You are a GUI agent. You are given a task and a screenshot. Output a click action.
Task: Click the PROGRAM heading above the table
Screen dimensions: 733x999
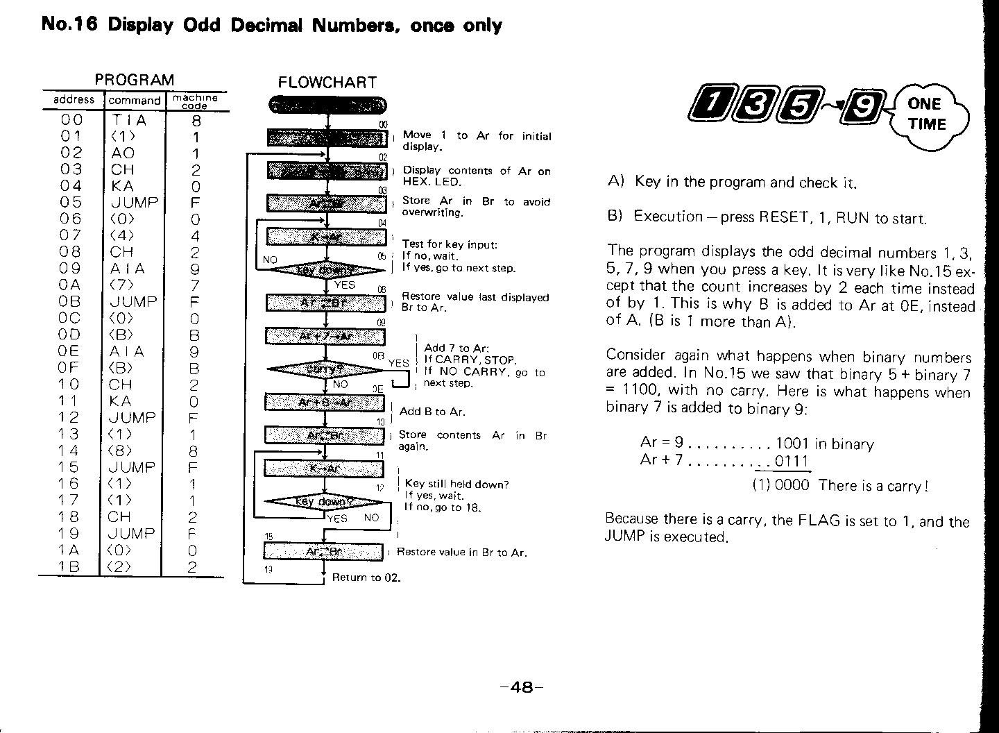[134, 80]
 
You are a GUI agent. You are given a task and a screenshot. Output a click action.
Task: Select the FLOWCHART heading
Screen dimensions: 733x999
[327, 83]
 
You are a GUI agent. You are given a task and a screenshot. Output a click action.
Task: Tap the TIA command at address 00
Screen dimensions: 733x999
[129, 119]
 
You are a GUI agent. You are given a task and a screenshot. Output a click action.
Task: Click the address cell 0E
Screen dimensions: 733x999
[70, 351]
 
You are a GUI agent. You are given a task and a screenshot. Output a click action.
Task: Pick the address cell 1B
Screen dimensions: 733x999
[70, 566]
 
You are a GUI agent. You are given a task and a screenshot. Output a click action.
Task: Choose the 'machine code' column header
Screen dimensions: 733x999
[195, 101]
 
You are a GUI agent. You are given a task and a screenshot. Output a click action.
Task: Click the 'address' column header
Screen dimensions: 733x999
[74, 100]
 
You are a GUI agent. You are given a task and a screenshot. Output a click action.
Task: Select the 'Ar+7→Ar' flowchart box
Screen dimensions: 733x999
[325, 337]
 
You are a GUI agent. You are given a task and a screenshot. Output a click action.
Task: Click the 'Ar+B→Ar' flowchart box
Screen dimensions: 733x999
[325, 403]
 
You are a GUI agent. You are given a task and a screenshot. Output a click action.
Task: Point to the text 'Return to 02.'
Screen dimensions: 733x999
[366, 578]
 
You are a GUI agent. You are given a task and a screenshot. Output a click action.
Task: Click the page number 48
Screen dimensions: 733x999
[520, 687]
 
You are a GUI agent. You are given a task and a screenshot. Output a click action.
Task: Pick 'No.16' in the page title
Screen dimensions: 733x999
[69, 25]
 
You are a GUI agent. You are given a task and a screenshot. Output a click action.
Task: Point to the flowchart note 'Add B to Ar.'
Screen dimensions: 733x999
[432, 412]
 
